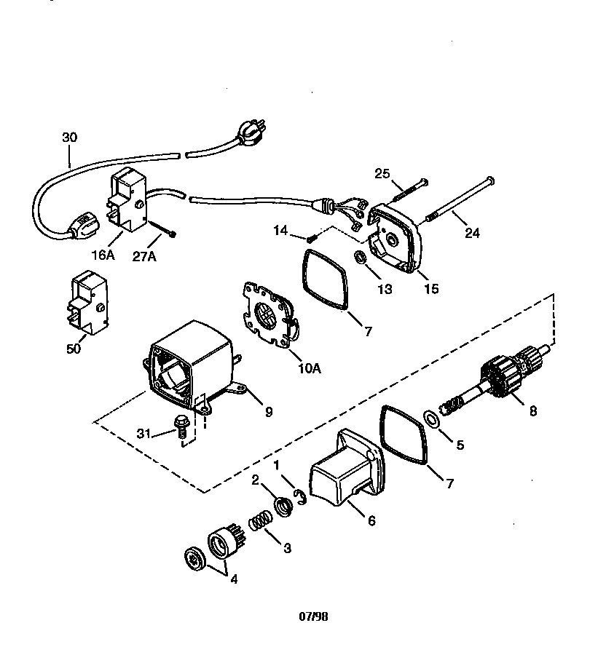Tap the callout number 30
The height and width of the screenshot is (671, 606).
click(69, 138)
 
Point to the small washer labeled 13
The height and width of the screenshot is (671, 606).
click(360, 258)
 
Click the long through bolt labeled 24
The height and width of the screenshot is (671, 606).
click(456, 197)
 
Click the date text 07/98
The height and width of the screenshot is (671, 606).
click(313, 616)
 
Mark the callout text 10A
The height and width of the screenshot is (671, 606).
click(310, 368)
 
